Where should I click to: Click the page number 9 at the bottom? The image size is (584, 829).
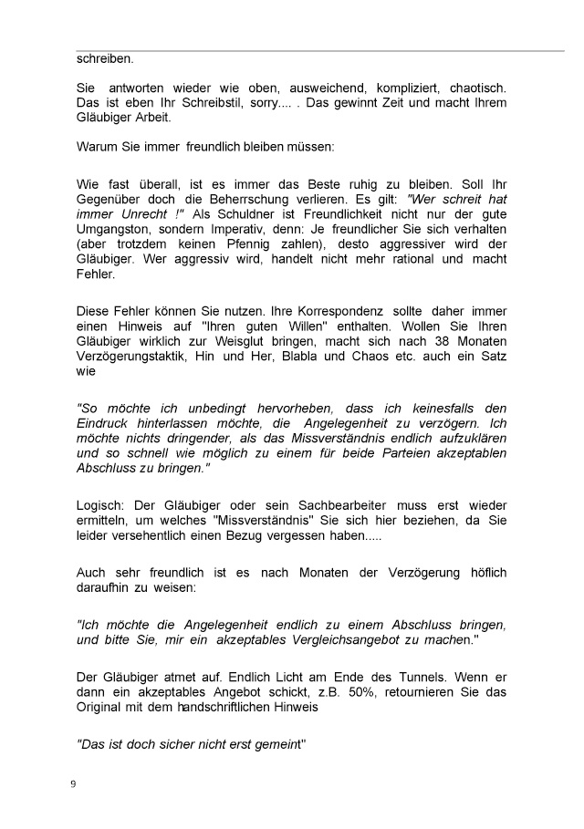click(73, 784)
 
